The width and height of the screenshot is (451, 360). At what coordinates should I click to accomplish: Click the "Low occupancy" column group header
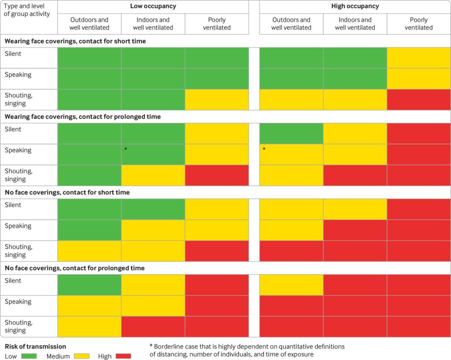point(153,6)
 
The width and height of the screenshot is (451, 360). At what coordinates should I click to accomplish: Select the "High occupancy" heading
point(355,6)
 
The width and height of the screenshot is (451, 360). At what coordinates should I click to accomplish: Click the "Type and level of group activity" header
point(27,10)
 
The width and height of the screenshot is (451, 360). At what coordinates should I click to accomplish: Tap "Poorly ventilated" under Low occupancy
point(216,24)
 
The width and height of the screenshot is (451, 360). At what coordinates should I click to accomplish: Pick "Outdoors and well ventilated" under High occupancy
point(291,24)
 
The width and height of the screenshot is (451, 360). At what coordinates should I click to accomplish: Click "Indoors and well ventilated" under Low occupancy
point(153,24)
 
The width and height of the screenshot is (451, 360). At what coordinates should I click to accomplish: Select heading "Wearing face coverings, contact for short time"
point(75,41)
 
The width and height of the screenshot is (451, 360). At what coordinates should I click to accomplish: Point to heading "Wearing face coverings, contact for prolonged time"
point(83,117)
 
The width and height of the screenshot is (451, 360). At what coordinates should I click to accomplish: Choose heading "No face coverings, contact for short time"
point(67,192)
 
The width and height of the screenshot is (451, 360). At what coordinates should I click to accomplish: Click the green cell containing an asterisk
point(153,154)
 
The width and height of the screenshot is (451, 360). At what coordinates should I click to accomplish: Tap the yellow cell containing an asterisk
point(291,154)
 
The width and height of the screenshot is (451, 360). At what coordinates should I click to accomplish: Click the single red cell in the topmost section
point(418,100)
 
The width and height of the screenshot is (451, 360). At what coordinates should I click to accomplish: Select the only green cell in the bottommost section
point(89,285)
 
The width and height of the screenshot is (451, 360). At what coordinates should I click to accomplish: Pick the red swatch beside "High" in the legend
point(123,356)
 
